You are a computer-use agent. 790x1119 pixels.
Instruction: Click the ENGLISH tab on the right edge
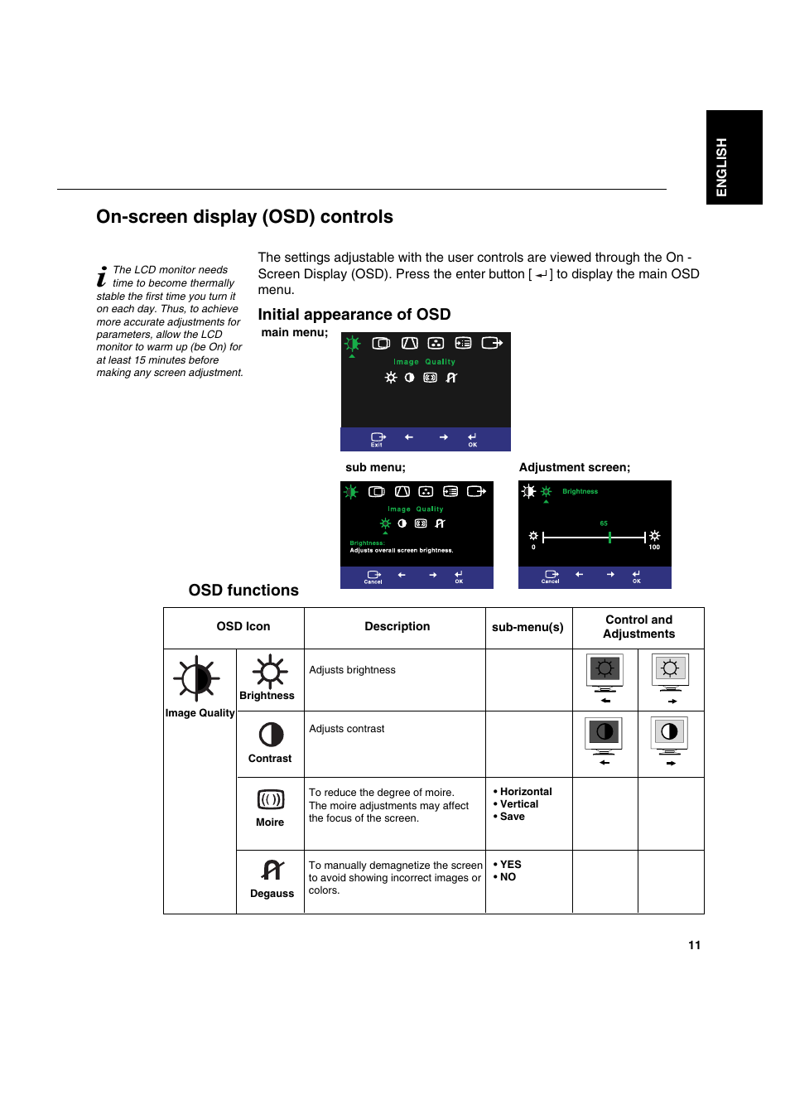(x=734, y=157)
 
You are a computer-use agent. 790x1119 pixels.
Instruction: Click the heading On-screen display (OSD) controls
(x=244, y=217)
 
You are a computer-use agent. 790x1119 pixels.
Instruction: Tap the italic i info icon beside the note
(x=102, y=277)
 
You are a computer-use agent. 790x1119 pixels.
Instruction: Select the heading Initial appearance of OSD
(x=354, y=315)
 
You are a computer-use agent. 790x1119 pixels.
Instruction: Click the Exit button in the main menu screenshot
(x=378, y=439)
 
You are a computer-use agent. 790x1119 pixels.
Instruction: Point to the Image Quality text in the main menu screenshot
(x=424, y=362)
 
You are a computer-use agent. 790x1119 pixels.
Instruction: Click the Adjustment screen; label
(x=574, y=467)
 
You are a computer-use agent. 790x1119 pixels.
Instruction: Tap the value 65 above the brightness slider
(x=604, y=523)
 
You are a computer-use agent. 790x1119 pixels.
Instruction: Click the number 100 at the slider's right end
(x=654, y=547)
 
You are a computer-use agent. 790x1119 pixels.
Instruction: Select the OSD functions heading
(x=243, y=591)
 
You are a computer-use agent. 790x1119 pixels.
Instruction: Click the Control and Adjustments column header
(x=638, y=627)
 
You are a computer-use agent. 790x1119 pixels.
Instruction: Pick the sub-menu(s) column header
(x=527, y=627)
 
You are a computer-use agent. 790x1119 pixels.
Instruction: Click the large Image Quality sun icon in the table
(x=196, y=679)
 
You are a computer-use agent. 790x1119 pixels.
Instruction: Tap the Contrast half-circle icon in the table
(x=271, y=735)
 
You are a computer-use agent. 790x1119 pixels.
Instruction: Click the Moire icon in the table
(x=271, y=799)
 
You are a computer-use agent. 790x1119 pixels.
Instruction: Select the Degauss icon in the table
(x=272, y=870)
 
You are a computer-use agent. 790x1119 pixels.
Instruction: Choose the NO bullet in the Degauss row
(x=508, y=877)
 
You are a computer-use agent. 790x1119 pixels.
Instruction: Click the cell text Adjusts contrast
(x=346, y=729)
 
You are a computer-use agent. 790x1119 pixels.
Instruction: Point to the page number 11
(x=694, y=945)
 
